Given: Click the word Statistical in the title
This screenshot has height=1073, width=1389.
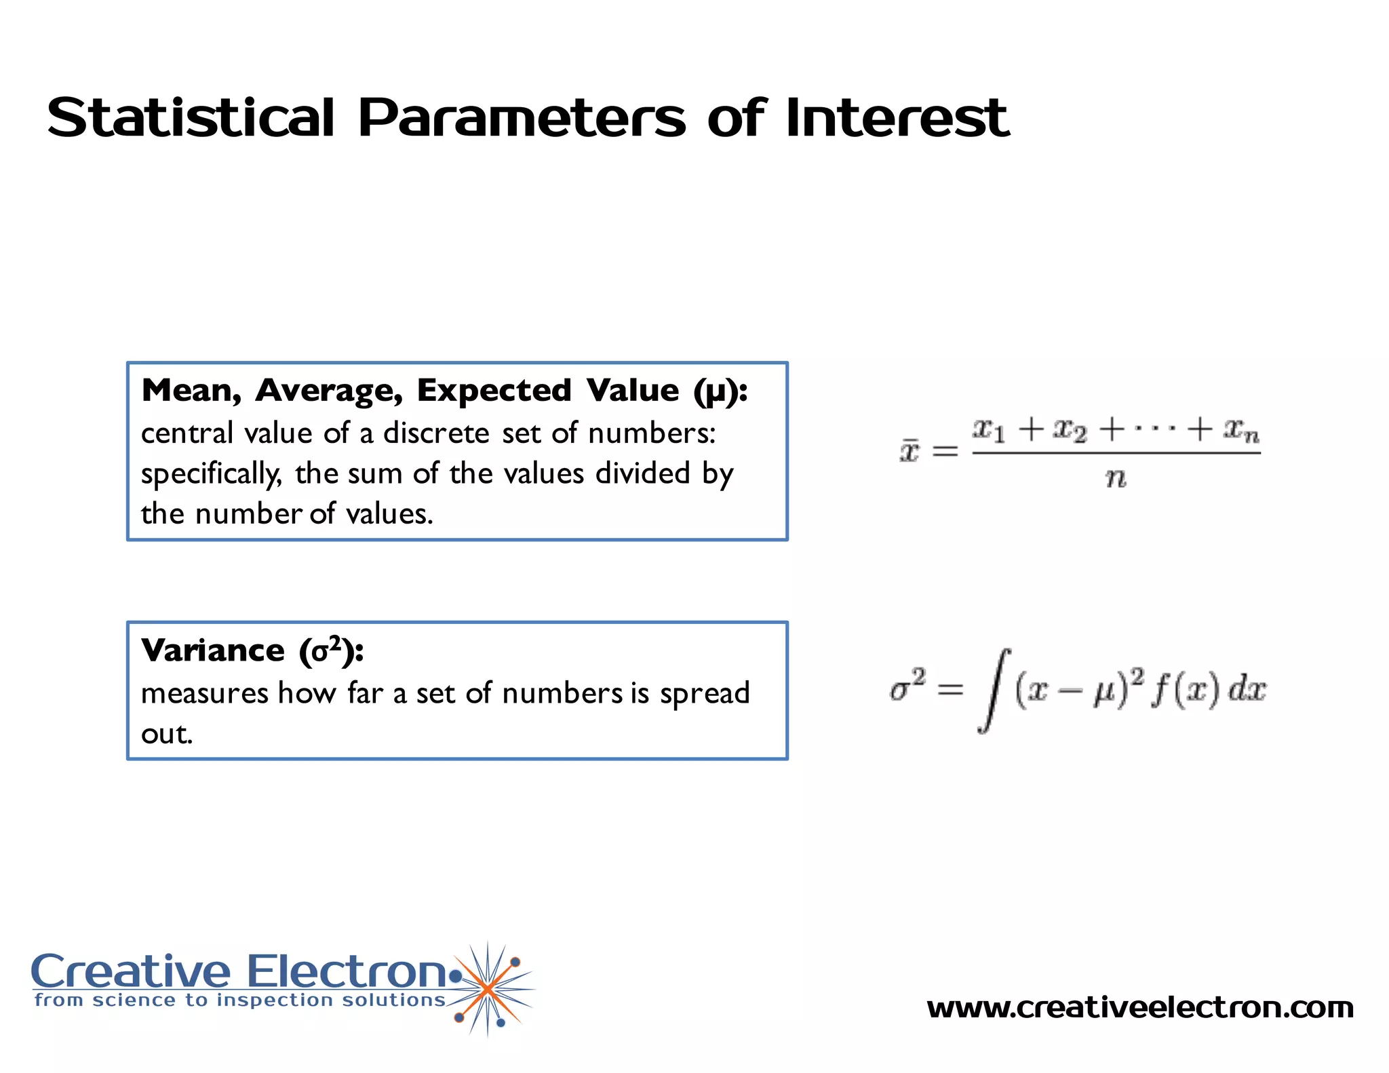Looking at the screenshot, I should click(191, 118).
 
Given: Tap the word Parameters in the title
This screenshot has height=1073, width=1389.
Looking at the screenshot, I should click(522, 118).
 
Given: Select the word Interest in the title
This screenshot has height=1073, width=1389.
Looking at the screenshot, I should click(897, 118).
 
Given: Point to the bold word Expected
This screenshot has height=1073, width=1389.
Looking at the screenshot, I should click(494, 391).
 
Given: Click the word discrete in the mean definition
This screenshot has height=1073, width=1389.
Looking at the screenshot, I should click(436, 433).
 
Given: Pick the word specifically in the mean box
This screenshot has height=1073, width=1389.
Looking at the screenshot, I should click(211, 474).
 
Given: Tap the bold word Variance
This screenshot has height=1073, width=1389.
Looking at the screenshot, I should click(212, 650).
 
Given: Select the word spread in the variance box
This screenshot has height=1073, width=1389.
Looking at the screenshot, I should click(705, 694).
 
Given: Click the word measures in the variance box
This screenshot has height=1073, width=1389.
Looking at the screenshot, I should click(205, 694).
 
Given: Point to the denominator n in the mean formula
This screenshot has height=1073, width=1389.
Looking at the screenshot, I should click(1116, 479).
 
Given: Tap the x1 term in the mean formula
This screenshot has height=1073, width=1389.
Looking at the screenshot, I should click(989, 429).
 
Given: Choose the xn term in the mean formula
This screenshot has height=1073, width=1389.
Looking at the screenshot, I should click(1240, 429).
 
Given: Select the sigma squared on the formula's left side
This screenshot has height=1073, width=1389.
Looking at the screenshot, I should click(907, 686).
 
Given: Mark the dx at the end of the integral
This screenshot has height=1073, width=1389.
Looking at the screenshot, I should click(1247, 690).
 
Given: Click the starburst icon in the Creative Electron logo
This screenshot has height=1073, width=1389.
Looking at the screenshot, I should click(488, 989).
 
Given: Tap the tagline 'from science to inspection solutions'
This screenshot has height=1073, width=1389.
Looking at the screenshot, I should click(239, 1000).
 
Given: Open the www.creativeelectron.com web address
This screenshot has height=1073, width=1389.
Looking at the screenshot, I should click(1139, 1008).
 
